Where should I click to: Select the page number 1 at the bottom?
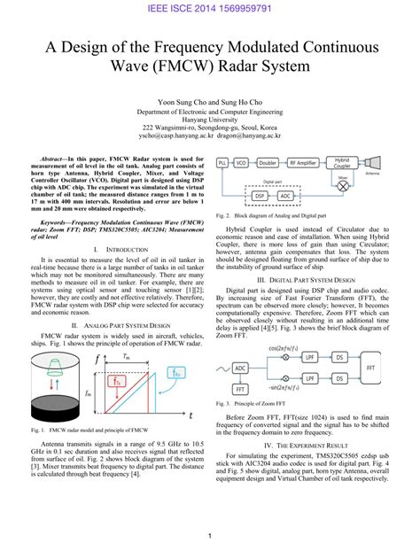210,535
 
